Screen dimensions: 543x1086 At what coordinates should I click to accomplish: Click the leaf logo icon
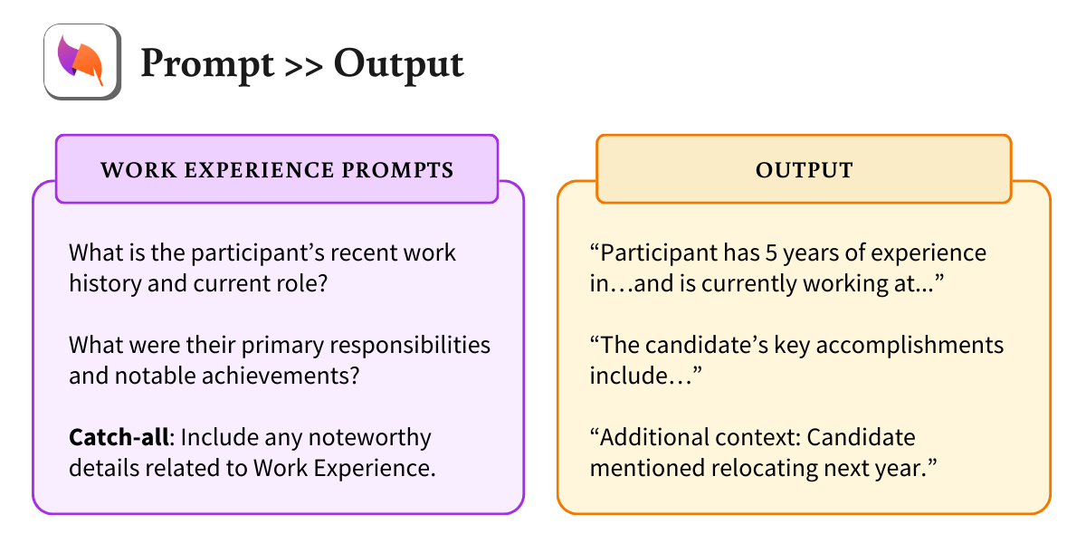point(82,61)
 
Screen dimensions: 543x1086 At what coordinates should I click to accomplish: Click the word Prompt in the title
point(207,62)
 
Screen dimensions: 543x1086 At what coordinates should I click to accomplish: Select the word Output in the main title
point(398,62)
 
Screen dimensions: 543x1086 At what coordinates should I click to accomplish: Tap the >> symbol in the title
point(304,63)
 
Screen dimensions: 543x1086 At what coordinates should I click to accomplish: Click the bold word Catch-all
point(120,438)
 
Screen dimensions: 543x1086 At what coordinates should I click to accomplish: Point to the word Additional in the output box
point(650,437)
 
